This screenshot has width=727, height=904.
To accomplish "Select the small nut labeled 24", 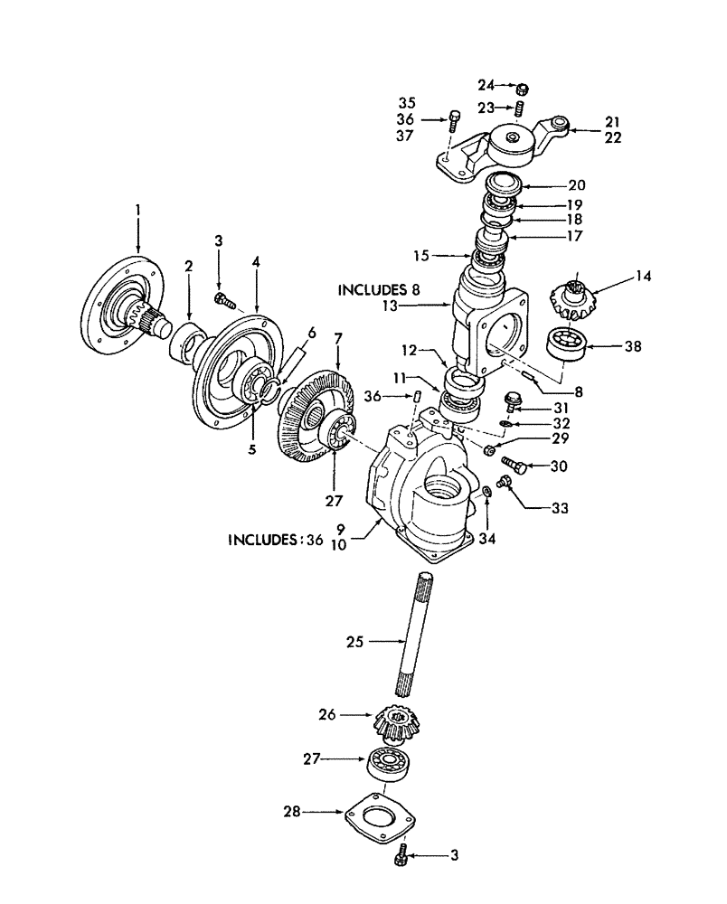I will (523, 89).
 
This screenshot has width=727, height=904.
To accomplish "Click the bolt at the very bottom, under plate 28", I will (401, 854).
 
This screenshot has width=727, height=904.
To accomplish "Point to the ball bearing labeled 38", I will (567, 347).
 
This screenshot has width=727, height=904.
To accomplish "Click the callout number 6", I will (312, 333).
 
